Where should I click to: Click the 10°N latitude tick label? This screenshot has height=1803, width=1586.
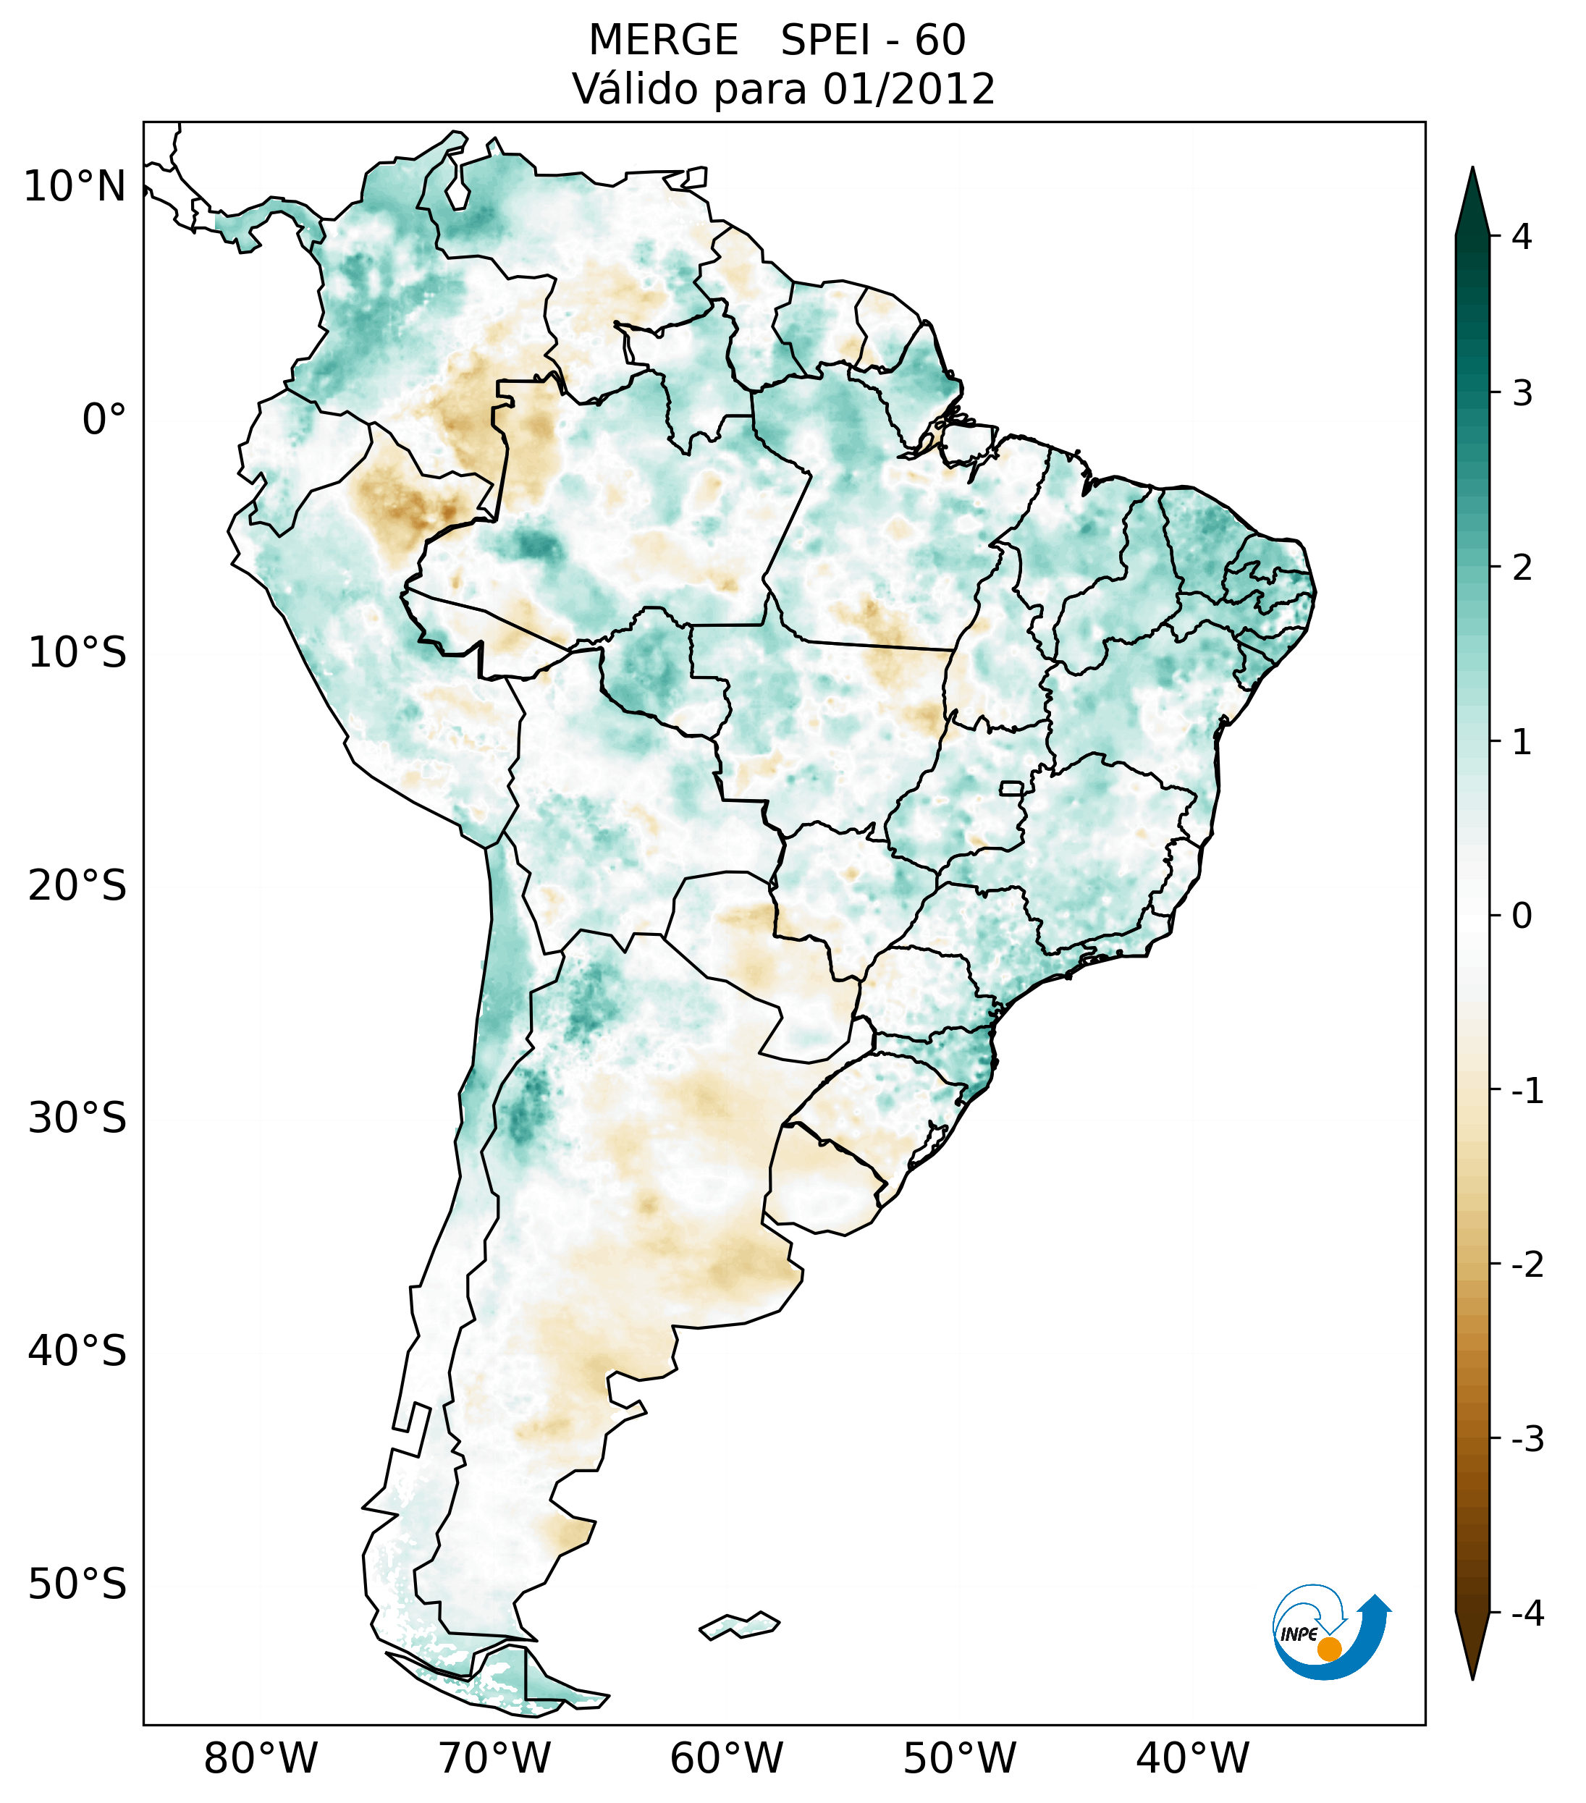74,186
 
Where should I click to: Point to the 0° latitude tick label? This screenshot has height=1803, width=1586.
104,420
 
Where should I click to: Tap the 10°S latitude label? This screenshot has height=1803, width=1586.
77,653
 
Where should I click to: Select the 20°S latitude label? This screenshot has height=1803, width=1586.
77,886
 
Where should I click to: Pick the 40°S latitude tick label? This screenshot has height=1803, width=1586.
77,1351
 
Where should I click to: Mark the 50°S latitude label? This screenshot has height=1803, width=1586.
77,1585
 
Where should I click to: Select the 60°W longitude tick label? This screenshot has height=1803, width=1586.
726,1758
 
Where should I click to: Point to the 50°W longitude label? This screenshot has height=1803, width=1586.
959,1758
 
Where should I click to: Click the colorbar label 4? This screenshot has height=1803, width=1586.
1521,237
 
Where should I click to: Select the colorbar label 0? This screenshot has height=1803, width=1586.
1521,916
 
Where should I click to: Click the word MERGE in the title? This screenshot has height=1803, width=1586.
662,41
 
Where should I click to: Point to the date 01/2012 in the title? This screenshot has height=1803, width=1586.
908,89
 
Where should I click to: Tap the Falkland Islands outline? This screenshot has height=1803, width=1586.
739,1625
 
